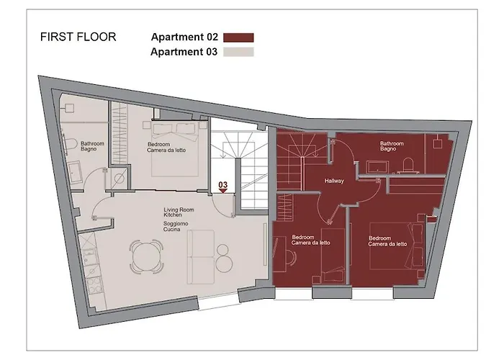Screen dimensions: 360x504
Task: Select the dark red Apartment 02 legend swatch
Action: coord(238,37)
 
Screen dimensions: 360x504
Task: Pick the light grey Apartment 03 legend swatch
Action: coord(238,52)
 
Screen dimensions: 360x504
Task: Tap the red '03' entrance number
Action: coord(223,185)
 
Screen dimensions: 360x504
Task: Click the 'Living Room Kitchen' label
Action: coord(177,212)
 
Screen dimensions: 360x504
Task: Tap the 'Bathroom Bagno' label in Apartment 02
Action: coord(392,147)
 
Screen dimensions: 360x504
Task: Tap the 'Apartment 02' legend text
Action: coord(184,37)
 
